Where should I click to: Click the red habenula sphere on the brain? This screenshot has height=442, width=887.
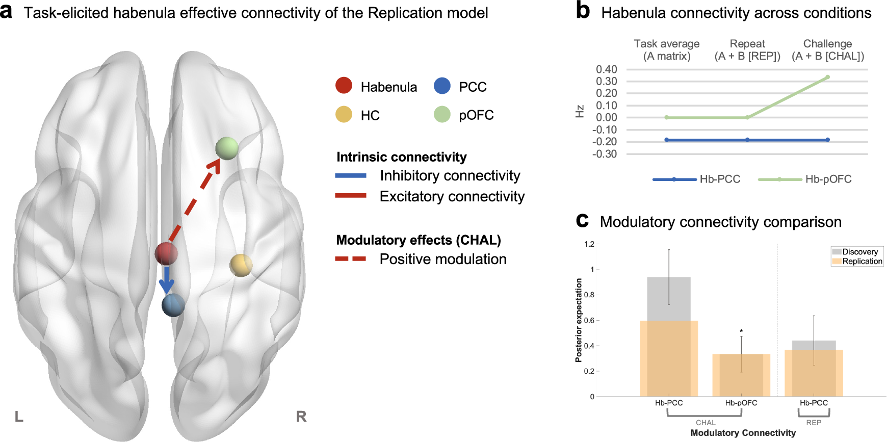pos(166,253)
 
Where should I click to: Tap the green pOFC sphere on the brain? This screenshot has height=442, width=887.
pos(227,148)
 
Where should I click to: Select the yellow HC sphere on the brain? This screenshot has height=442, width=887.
pos(241,265)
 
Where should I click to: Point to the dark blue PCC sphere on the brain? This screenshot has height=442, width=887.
pos(173,305)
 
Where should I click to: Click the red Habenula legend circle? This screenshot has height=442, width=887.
pos(344,86)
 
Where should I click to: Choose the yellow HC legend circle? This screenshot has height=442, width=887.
pos(344,114)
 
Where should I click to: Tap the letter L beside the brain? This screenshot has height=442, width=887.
pos(19,417)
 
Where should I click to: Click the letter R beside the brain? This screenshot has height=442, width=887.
pos(301,417)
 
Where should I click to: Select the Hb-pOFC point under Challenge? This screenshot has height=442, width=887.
pos(827,77)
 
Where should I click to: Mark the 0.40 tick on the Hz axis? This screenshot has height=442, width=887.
pos(606,69)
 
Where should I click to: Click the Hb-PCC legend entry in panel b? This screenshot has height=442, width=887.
pos(697,179)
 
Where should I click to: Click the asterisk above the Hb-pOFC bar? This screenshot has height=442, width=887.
pos(741,331)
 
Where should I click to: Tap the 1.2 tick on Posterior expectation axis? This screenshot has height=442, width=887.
pos(589,244)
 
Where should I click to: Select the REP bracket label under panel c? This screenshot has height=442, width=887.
pos(814,423)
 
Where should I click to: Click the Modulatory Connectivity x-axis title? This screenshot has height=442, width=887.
pos(743,433)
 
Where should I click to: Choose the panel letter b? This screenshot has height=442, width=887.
pos(583,11)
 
